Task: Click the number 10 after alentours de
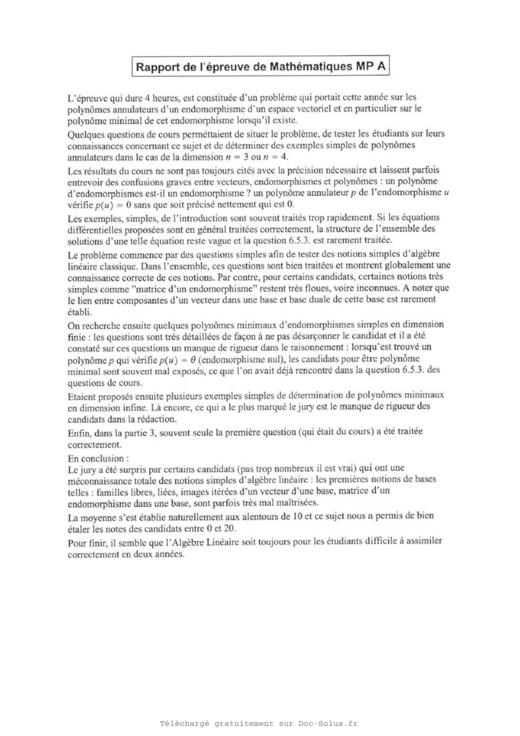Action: (x=298, y=516)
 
